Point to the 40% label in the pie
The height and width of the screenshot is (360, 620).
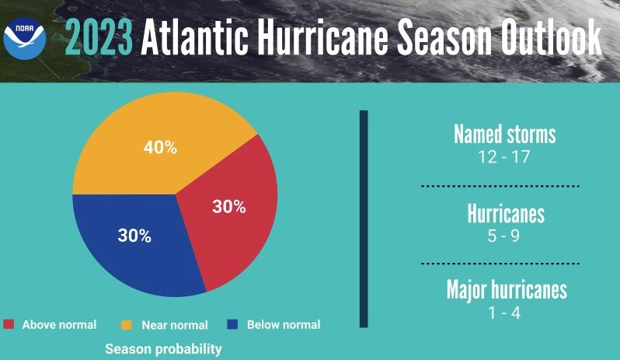point(161,147)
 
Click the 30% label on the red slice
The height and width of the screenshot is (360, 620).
point(229,207)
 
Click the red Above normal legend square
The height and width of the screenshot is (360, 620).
point(9,324)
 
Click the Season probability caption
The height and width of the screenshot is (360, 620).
point(163,349)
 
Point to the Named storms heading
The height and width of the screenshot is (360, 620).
point(505,134)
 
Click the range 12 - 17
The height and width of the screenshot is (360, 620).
point(505,157)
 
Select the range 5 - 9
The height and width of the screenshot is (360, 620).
point(505,235)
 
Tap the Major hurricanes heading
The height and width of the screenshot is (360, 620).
point(507,290)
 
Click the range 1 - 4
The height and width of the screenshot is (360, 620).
point(505,313)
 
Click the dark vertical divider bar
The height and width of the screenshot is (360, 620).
point(364,218)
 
